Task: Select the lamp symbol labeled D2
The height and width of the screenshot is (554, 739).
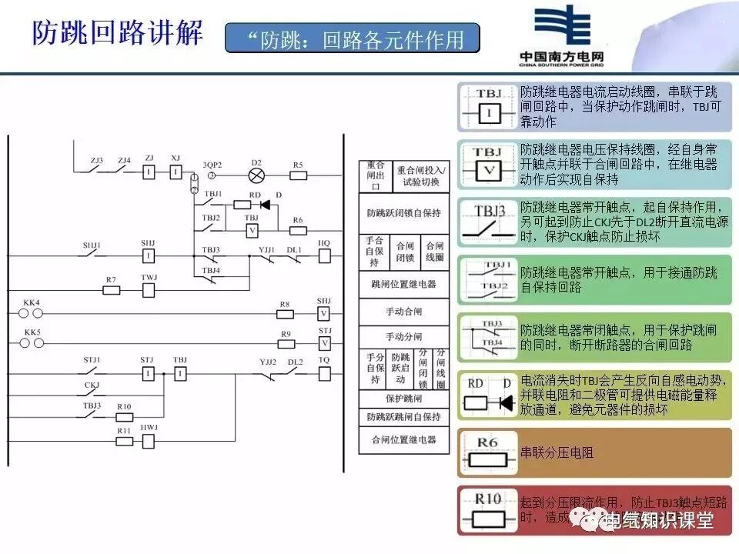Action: click(x=257, y=175)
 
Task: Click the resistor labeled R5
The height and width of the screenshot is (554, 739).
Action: click(x=298, y=175)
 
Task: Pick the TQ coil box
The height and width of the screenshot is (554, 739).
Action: click(x=324, y=375)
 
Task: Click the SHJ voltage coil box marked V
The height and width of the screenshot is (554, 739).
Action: click(x=324, y=313)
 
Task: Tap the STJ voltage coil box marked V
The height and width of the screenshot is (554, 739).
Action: click(x=324, y=343)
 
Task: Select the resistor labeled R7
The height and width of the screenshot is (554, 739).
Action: click(x=112, y=290)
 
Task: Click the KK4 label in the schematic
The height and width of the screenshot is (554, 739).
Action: click(x=32, y=302)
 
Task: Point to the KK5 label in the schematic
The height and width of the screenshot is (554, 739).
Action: click(x=32, y=332)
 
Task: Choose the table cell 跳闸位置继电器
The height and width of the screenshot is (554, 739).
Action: click(x=404, y=284)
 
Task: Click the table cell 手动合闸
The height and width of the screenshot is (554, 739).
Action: click(x=404, y=312)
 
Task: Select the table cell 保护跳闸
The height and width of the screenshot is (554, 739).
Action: click(x=404, y=399)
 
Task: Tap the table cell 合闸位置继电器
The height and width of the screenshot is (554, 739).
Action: click(x=404, y=439)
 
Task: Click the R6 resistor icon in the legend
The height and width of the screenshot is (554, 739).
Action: click(x=489, y=454)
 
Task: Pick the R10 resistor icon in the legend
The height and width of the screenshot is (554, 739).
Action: click(x=489, y=510)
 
